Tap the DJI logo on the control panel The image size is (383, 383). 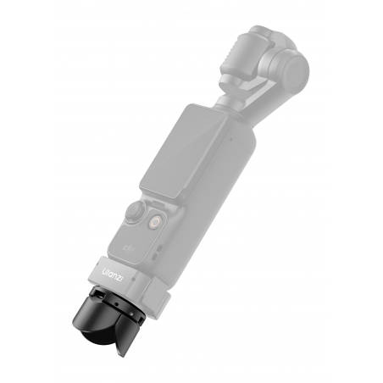coord(129,248)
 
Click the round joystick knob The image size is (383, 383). coord(136,212)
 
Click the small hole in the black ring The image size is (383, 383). coord(116,304)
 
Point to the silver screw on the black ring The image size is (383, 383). coord(131,314)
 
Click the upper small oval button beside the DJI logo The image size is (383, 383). coord(160,248)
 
